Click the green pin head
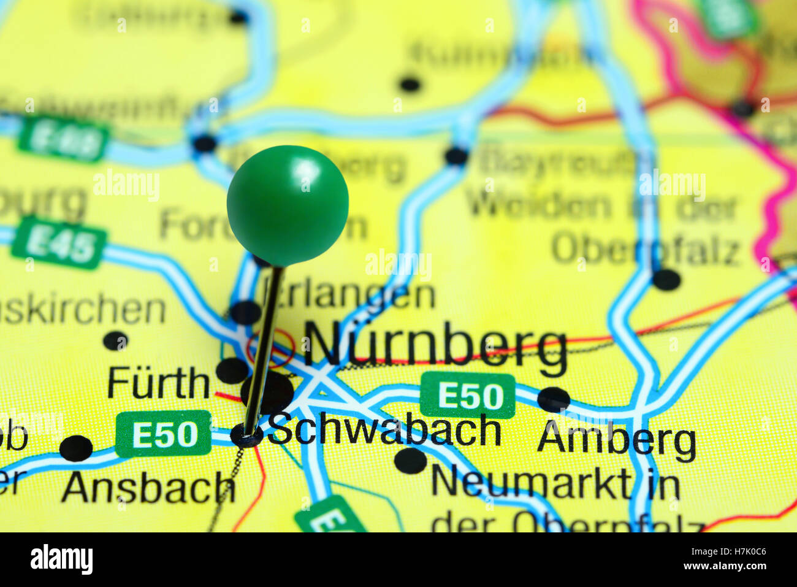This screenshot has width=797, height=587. [x=288, y=205]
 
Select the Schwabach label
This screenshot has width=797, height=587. [x=384, y=430]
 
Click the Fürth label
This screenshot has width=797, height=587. [x=158, y=383]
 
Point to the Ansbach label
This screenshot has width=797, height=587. [x=148, y=488]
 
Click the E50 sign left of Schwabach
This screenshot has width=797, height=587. [x=164, y=434]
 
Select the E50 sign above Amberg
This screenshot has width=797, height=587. [x=467, y=395]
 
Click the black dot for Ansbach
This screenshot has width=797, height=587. [x=76, y=448]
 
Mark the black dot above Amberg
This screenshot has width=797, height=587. [x=553, y=399]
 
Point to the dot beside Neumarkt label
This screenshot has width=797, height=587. [x=410, y=460]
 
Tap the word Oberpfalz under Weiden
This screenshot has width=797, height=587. [x=645, y=250]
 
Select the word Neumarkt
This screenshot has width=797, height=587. [x=530, y=483]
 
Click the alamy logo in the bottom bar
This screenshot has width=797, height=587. [x=61, y=559]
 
